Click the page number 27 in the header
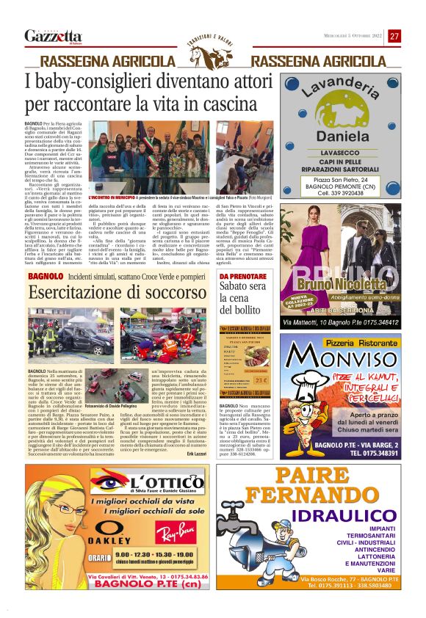394,36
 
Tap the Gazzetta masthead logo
52,36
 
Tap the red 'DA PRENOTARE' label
242,277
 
